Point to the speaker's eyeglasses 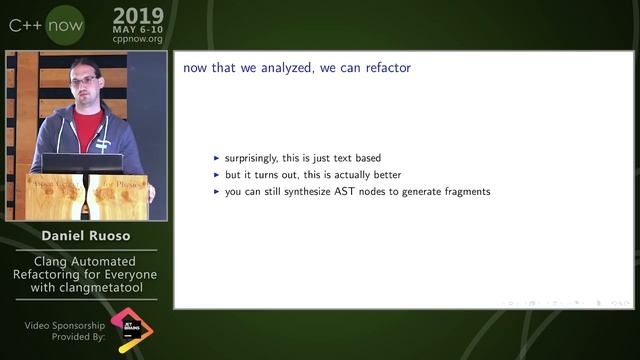pyautogui.click(x=85, y=80)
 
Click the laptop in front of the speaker pyautogui.click(x=82, y=163)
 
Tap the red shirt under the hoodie pyautogui.click(x=87, y=127)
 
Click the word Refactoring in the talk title pyautogui.click(x=50, y=275)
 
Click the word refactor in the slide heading pyautogui.click(x=388, y=68)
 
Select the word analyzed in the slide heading pyautogui.click(x=280, y=68)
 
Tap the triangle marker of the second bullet pyautogui.click(x=217, y=175)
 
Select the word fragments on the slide pyautogui.click(x=461, y=191)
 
